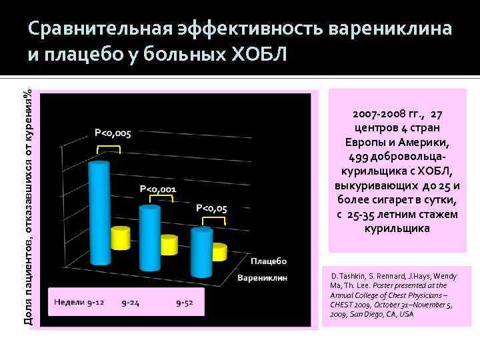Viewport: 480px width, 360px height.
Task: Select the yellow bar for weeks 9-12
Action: [x=121, y=247]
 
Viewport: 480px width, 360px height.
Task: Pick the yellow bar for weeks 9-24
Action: [x=169, y=253]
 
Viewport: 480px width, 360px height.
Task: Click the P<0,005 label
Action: [x=113, y=133]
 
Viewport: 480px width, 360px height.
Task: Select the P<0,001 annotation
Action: [x=158, y=189]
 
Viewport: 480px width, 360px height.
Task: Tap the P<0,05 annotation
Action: [x=212, y=208]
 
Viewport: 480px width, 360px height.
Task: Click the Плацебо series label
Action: [x=269, y=261]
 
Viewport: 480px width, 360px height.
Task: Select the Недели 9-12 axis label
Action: [x=79, y=303]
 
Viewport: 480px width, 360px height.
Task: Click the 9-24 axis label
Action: [x=130, y=303]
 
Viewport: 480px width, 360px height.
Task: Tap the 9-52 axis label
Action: [x=185, y=303]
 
